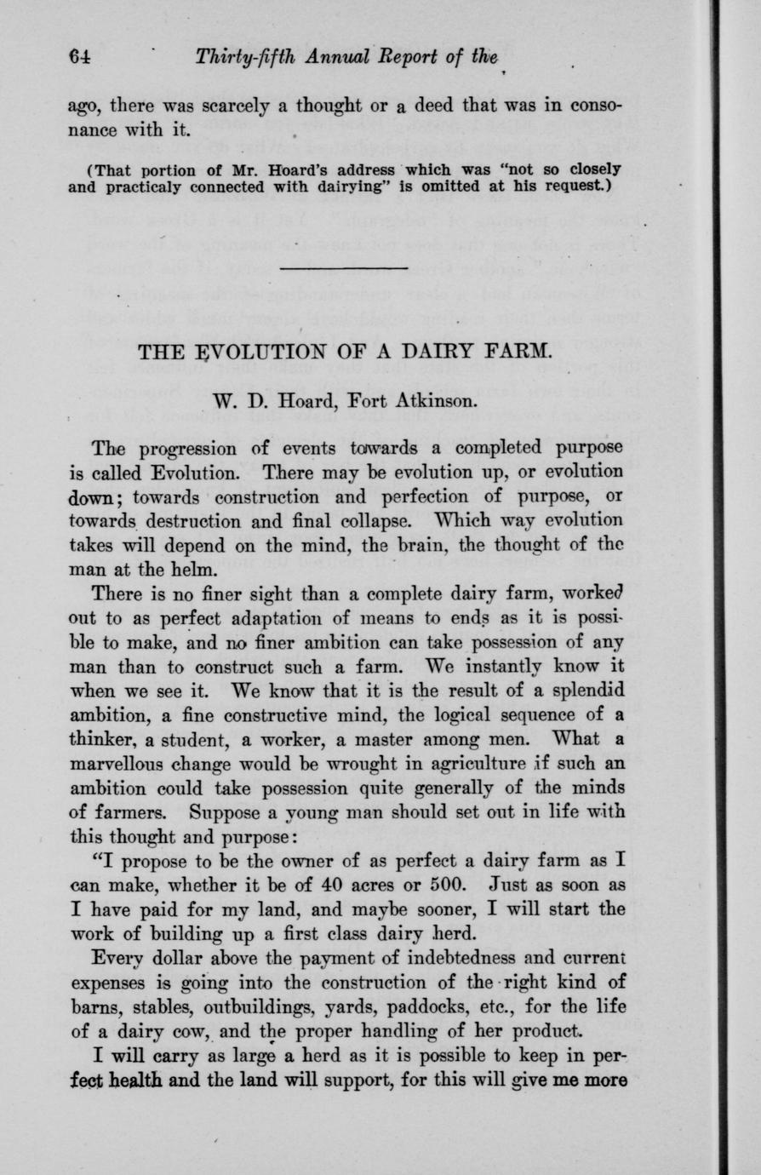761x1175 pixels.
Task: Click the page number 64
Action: point(80,56)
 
